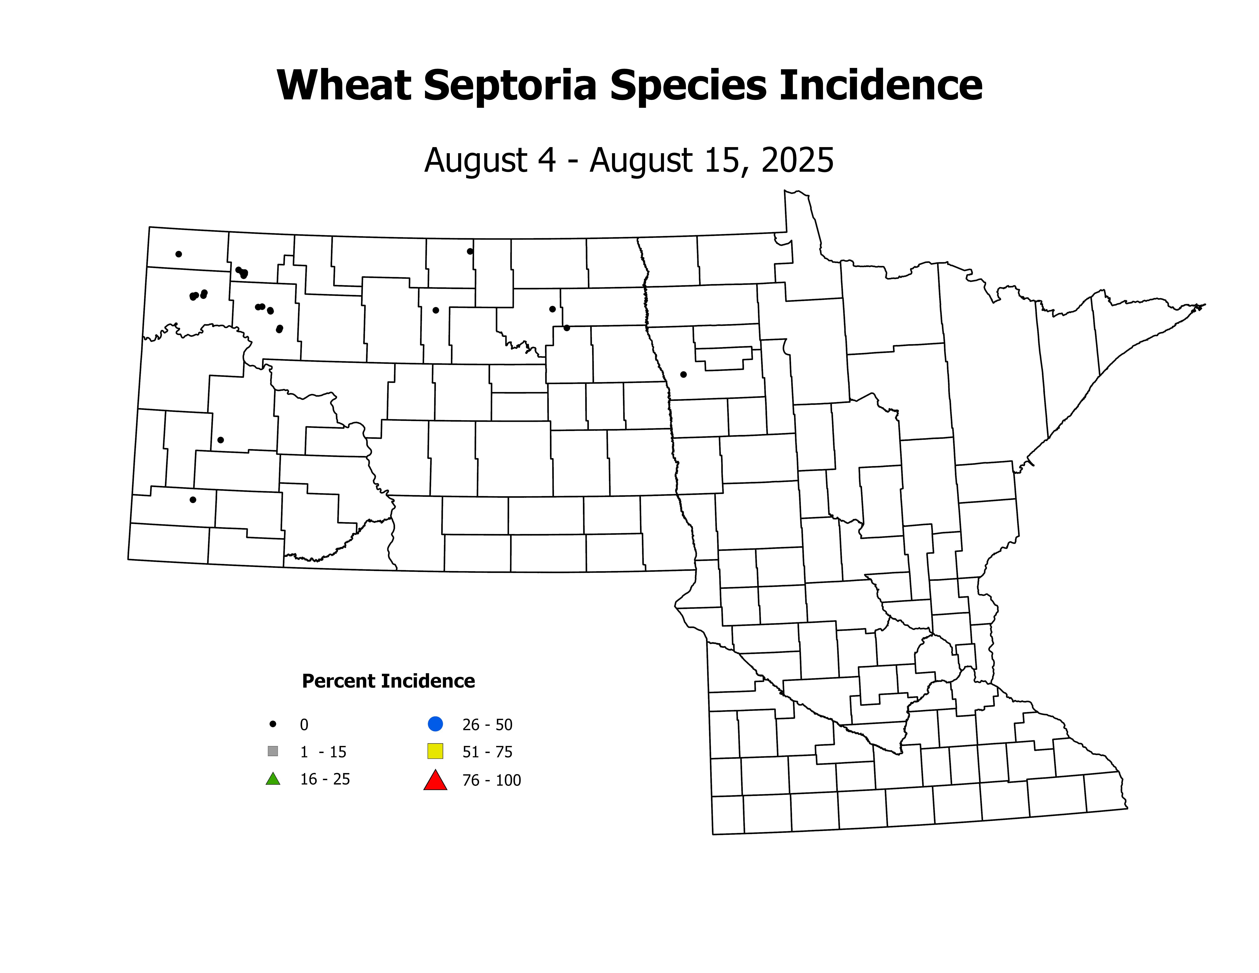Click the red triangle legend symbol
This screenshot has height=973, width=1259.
pyautogui.click(x=435, y=780)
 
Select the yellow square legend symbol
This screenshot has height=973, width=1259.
pyautogui.click(x=435, y=751)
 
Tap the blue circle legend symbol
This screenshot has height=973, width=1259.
pyautogui.click(x=435, y=723)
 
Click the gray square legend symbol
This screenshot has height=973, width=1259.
pyautogui.click(x=273, y=751)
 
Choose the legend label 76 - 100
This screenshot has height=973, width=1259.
pyautogui.click(x=491, y=780)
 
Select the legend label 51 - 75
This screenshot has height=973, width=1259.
pyautogui.click(x=487, y=752)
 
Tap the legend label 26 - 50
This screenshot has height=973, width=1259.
pyautogui.click(x=487, y=725)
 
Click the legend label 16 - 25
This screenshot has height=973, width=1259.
pyautogui.click(x=324, y=779)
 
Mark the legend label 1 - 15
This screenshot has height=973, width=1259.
pyautogui.click(x=323, y=752)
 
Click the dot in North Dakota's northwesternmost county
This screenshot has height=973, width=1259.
pyautogui.click(x=179, y=254)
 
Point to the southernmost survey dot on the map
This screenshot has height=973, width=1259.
pyautogui.click(x=193, y=500)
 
